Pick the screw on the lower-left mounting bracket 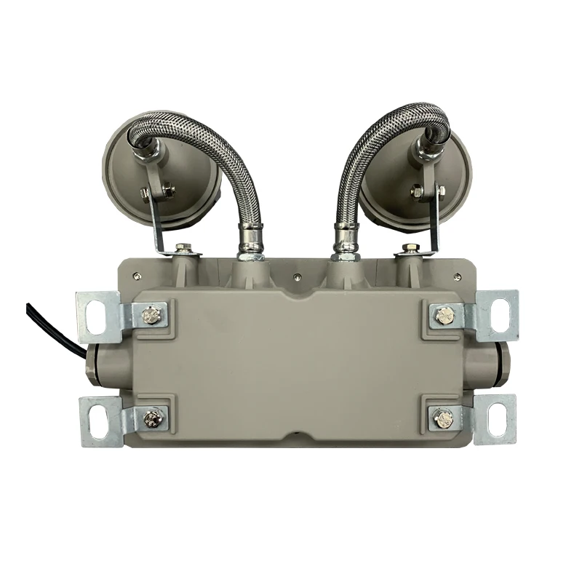pos(152,418)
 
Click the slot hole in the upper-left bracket pos(96,314)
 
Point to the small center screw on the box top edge pos(297,276)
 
